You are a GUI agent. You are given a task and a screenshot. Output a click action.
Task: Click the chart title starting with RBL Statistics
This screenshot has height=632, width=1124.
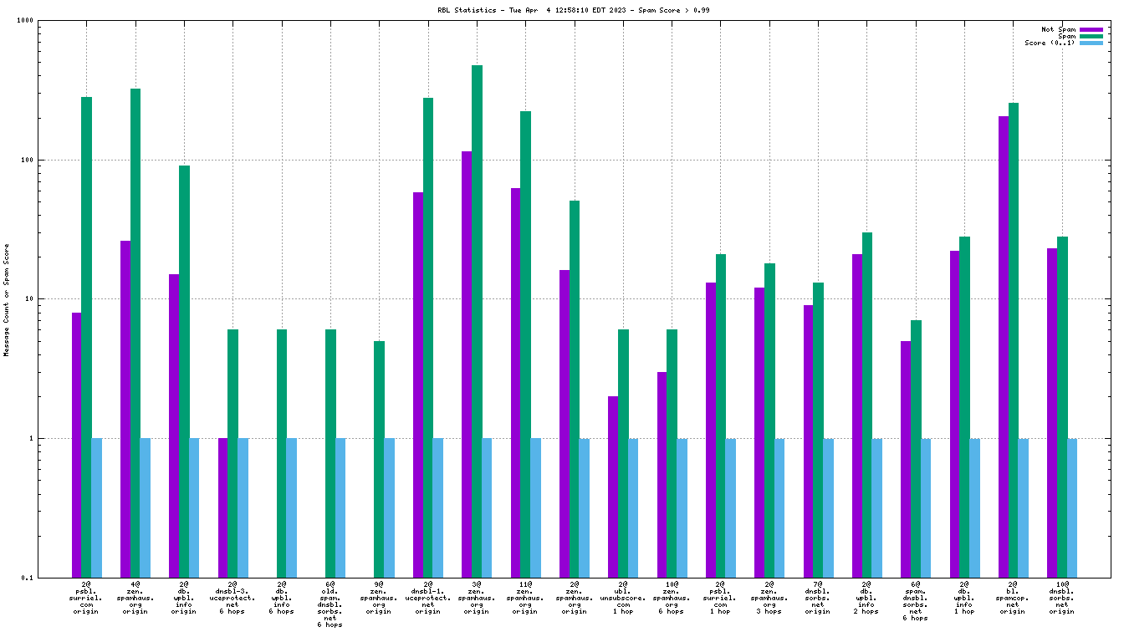click(562, 10)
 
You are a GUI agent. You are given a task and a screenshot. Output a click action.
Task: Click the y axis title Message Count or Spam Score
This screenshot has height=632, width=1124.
click(7, 299)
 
